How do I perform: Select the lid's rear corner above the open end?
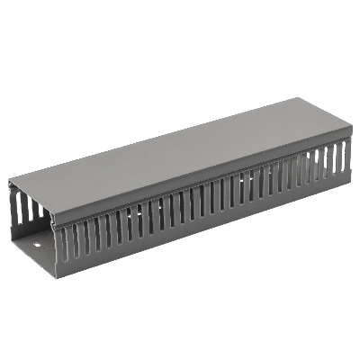(x=12, y=181)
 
